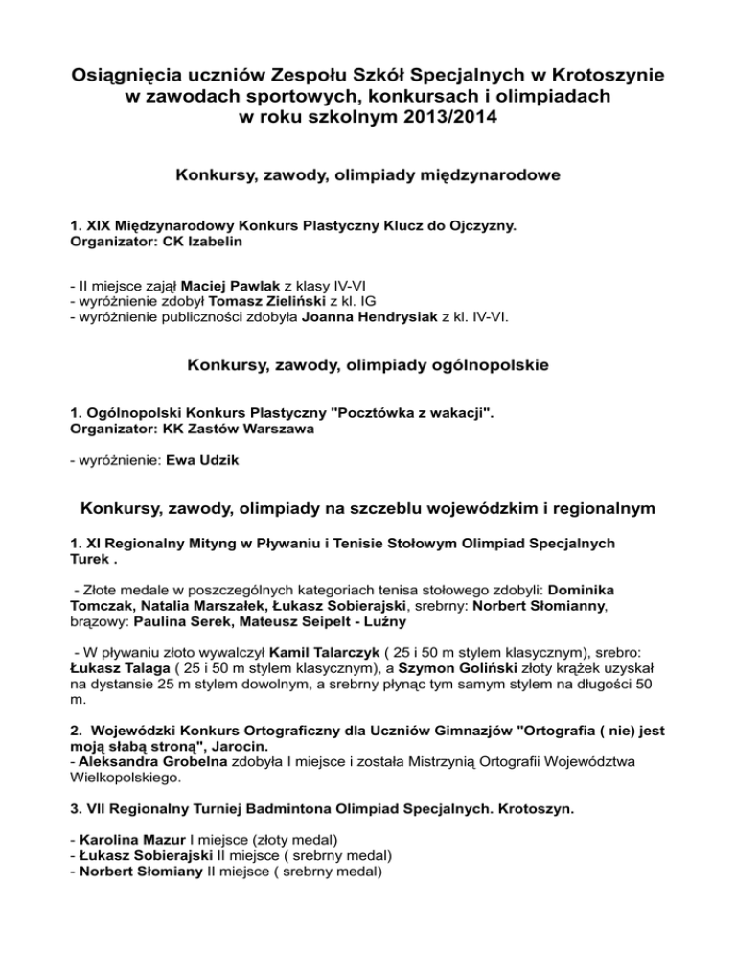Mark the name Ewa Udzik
coord(201,460)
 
